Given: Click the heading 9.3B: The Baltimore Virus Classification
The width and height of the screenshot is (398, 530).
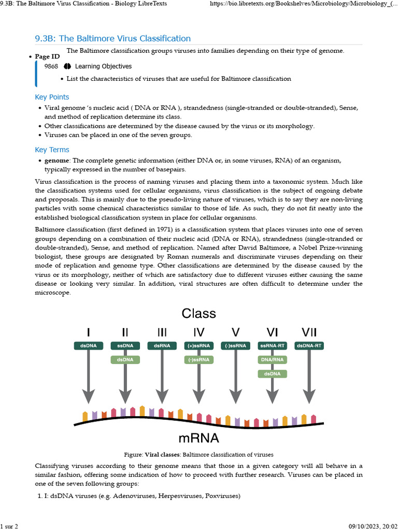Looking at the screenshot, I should coord(112,39).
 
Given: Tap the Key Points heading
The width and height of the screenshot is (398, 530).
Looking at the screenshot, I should coord(52,97).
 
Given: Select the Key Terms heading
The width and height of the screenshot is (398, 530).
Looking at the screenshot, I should coord(52,150).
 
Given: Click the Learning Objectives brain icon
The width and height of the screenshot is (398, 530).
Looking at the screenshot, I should coord(67,66).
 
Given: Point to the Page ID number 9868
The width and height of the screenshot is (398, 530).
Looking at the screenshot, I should coord(51,66).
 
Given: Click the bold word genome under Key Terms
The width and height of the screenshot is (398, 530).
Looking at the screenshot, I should coord(56,161).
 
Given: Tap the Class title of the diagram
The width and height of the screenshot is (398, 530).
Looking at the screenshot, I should coord(198,313).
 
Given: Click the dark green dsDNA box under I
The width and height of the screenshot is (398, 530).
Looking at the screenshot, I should coord(88,346).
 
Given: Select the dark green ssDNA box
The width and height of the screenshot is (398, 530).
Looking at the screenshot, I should coord(125,346).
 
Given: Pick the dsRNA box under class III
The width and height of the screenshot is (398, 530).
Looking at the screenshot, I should coord(162,346).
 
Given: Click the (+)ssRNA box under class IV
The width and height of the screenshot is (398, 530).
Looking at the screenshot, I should coord(198,346).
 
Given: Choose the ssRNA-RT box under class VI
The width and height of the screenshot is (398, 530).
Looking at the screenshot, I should coord(272,346).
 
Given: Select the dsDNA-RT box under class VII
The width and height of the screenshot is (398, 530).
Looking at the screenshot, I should coord(309,346).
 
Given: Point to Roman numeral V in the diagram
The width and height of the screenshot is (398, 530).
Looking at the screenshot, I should coord(235,332).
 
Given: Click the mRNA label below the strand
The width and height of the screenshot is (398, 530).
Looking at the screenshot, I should coord(198,438).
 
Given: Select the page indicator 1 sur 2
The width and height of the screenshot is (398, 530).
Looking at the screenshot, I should coord(9,526).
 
